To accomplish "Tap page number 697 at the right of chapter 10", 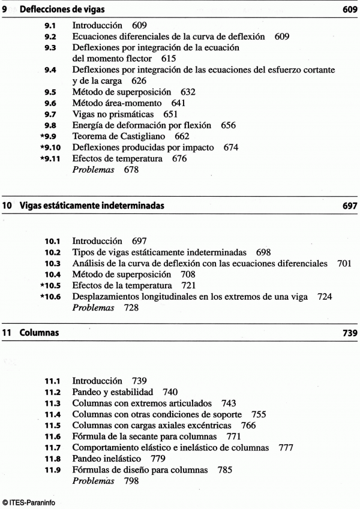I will coord(349,206).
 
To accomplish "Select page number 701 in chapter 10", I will coord(344,263).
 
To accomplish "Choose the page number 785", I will coord(225,469).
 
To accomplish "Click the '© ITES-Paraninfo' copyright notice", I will coord(28,502).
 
